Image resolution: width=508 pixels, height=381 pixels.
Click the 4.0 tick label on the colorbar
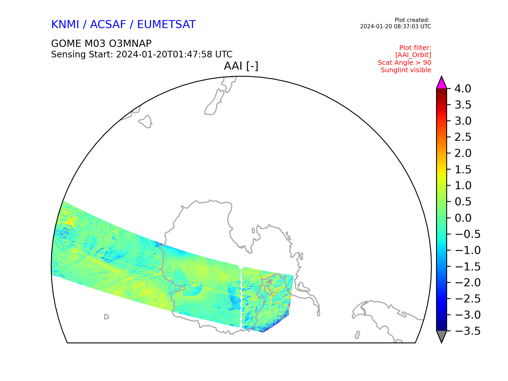463,89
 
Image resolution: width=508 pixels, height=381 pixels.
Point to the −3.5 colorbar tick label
468,331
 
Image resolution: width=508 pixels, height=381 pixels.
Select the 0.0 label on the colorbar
463,218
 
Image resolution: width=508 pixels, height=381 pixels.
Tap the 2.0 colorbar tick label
463,153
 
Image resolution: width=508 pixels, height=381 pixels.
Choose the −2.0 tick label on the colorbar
468,283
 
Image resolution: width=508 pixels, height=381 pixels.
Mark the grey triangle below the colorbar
441,336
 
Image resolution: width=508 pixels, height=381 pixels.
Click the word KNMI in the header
65,25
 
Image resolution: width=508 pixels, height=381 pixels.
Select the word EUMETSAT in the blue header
166,25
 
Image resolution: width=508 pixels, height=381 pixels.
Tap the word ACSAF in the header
108,25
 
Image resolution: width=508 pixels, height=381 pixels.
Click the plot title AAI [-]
241,66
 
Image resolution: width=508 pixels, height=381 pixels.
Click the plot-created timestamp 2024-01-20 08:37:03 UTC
396,26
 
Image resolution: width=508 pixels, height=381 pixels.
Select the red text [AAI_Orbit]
413,55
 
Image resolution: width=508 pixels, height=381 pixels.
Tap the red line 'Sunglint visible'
406,70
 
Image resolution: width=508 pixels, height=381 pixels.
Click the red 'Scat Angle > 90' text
405,63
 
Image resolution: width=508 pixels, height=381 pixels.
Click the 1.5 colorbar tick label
463,170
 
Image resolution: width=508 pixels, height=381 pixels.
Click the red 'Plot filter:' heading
415,48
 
